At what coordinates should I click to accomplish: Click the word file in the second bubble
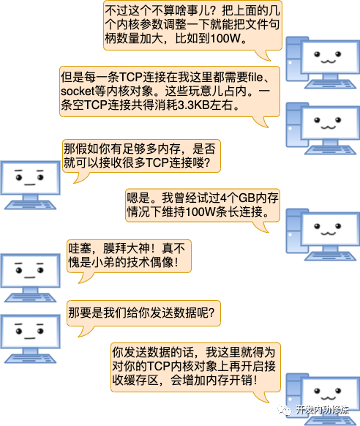coord(255,78)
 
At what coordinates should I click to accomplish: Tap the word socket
coord(78,91)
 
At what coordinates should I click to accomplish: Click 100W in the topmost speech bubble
coord(225,38)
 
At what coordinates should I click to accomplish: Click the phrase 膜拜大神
coord(126,248)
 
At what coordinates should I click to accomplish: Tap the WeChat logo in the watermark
coord(284,410)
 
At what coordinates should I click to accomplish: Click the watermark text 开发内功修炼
coord(322,410)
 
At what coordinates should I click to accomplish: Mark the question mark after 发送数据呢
coord(211,313)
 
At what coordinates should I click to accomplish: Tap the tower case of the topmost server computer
coord(295,59)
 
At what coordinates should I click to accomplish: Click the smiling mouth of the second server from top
coord(329,127)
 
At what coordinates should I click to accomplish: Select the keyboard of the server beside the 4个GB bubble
coord(330,256)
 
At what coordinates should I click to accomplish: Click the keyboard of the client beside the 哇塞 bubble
coord(30,297)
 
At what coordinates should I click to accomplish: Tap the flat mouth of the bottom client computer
coord(29,338)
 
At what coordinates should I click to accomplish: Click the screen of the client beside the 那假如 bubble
coord(30,178)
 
